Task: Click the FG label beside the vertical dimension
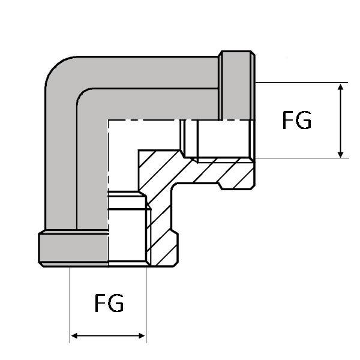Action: (x=297, y=121)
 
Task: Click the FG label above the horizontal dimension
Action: (x=109, y=303)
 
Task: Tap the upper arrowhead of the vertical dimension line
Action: (x=341, y=88)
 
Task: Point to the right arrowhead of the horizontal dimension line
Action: (x=142, y=335)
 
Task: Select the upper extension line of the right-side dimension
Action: (x=300, y=82)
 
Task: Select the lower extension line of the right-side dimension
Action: (x=300, y=158)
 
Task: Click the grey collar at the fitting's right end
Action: (x=237, y=84)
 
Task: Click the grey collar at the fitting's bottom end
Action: (x=72, y=248)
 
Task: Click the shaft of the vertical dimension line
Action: (x=341, y=120)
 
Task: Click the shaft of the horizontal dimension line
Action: (x=109, y=335)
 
